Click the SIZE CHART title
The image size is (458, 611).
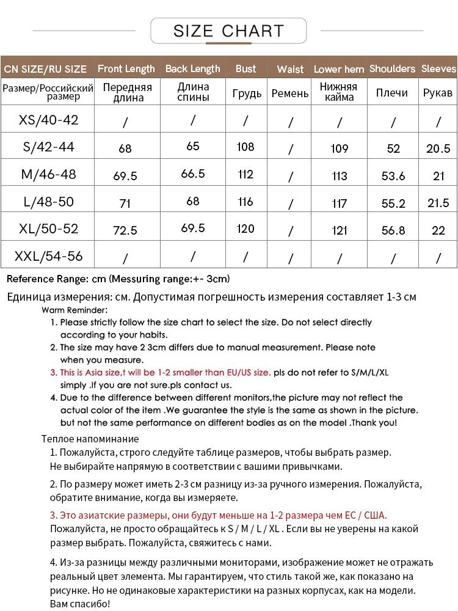228,31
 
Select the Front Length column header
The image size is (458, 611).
126,68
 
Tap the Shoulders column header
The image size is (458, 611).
392,68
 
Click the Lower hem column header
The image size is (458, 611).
339,69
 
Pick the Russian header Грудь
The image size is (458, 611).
247,93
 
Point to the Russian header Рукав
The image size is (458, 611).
438,93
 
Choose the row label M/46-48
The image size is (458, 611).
49,174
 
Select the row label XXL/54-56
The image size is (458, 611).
49,255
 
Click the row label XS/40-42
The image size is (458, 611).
49,120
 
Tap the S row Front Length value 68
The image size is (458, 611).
125,148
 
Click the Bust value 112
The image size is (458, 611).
245,175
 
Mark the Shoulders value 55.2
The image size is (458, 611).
393,203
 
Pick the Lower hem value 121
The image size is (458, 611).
339,230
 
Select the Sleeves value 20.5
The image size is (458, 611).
438,148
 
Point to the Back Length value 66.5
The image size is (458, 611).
193,174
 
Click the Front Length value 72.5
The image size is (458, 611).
125,230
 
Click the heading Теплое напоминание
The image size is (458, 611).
90,439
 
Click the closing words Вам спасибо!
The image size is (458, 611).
79,604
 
